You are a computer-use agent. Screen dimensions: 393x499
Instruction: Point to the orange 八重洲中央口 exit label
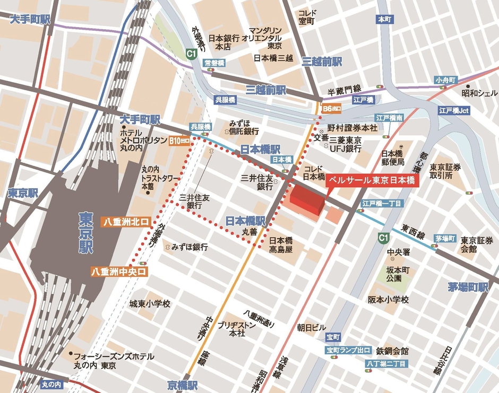(x=119, y=271)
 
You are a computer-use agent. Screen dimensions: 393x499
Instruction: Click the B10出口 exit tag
(x=179, y=141)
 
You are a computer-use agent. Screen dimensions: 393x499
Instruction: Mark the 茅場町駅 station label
(x=468, y=287)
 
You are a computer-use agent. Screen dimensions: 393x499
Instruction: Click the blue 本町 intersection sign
(x=384, y=19)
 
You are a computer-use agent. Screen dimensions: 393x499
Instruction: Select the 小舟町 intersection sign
(x=445, y=80)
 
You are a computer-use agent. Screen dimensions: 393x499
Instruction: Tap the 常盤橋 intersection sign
(x=214, y=63)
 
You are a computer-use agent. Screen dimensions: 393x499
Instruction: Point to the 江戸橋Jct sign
(x=454, y=111)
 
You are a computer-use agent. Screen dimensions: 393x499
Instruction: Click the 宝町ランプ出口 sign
(x=348, y=350)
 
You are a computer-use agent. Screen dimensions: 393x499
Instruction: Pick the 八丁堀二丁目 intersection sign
(x=387, y=364)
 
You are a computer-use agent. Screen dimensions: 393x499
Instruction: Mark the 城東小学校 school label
(x=150, y=304)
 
